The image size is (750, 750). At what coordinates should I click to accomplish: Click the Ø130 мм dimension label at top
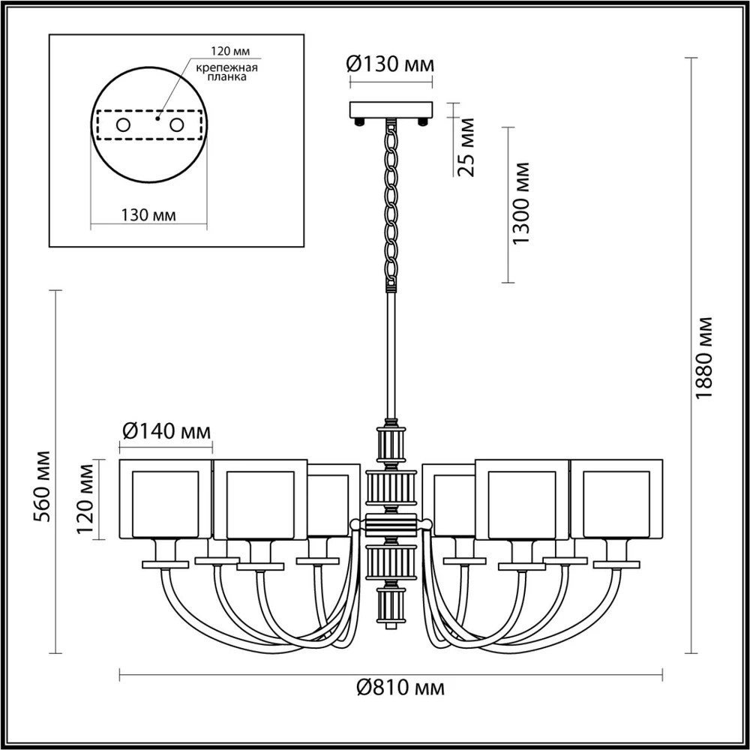pos(390,65)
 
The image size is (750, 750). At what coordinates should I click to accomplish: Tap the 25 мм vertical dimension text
pos(466,146)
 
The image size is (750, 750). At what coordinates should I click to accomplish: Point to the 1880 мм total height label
pos(703,358)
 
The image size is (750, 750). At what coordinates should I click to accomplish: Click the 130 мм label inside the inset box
pos(148,215)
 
